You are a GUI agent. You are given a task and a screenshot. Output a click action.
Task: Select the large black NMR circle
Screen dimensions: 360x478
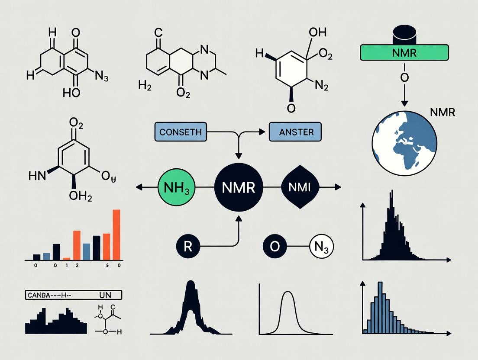(x=239, y=188)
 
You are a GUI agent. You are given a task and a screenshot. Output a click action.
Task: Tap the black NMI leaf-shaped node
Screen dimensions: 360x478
(x=300, y=188)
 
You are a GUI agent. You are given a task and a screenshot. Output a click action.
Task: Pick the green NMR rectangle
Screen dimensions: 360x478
(x=404, y=53)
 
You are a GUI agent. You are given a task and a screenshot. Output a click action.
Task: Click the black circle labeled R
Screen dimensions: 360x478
(x=187, y=246)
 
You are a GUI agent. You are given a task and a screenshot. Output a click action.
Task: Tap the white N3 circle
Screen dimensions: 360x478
(x=322, y=247)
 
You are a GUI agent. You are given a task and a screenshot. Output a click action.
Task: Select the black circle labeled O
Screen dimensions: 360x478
(x=275, y=247)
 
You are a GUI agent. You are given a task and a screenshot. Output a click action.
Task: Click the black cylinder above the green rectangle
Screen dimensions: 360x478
(x=404, y=35)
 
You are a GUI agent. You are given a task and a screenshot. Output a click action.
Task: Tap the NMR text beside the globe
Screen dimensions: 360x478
(x=443, y=112)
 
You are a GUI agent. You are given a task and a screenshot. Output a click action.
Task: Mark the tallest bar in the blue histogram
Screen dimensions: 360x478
(x=380, y=307)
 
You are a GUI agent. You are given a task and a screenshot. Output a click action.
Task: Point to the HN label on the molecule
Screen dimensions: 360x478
(x=37, y=175)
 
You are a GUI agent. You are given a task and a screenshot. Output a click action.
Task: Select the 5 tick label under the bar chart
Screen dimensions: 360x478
(x=107, y=267)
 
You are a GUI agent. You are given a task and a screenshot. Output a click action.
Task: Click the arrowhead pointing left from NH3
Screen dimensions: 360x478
(x=139, y=188)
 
